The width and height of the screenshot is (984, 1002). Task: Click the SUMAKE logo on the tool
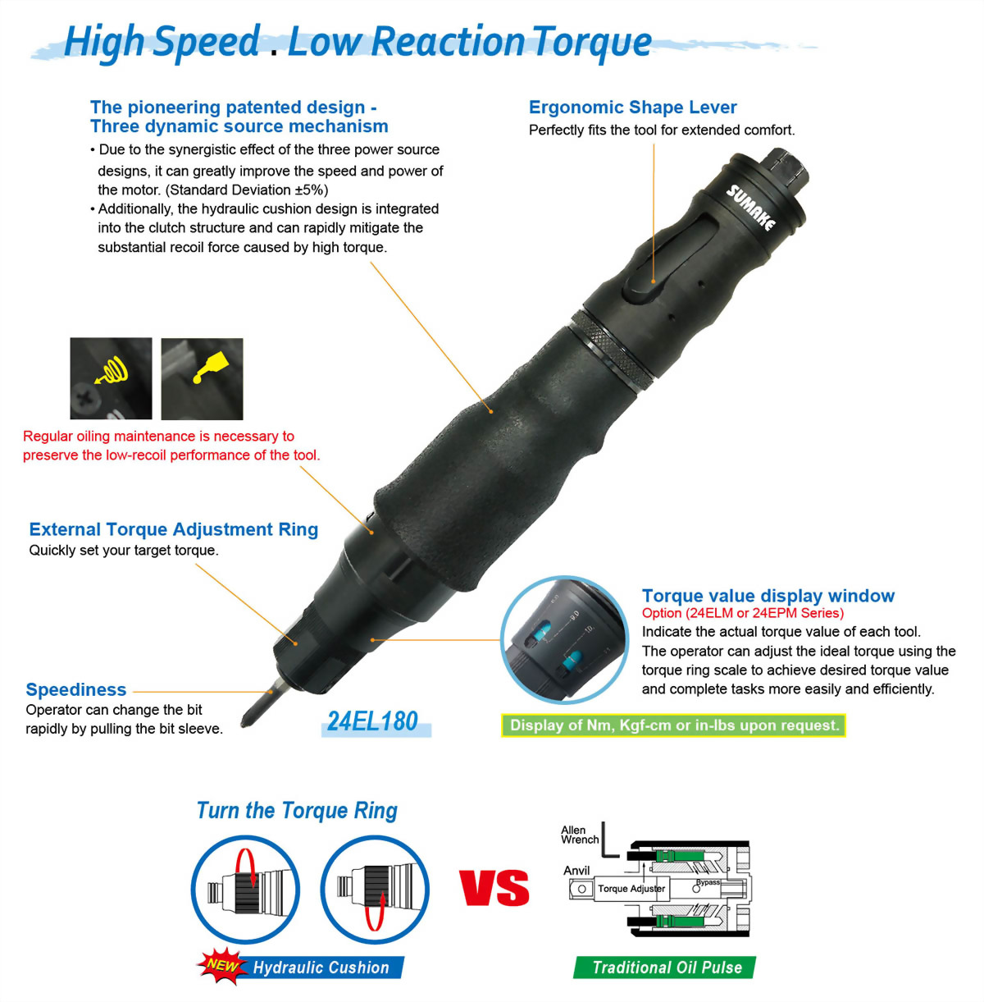pos(750,207)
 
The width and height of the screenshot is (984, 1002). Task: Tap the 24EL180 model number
pos(373,721)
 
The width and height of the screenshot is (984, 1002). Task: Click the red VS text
pos(494,888)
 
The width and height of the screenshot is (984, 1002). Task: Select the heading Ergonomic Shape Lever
pos(632,108)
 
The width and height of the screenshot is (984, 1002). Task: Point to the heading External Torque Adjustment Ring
pos(174,528)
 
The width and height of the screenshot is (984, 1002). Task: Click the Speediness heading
pos(76,689)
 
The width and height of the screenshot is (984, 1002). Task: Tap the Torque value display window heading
pos(768,596)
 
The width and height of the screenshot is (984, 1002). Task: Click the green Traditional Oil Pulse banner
pos(665,968)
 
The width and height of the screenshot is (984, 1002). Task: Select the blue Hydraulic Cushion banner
pos(321,968)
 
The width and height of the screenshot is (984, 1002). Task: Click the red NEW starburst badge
pos(222,966)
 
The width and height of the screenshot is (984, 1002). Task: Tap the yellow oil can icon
pos(210,367)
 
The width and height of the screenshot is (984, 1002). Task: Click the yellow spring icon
pos(112,370)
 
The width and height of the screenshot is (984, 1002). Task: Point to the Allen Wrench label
pos(580,835)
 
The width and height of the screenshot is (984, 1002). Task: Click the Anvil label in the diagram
pos(576,871)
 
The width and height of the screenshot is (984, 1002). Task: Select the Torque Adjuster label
pos(631,889)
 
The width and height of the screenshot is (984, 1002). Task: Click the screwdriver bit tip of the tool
pos(244,724)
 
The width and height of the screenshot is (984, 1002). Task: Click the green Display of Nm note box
pos(673,725)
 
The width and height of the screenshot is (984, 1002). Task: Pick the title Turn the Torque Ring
pos(297,811)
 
